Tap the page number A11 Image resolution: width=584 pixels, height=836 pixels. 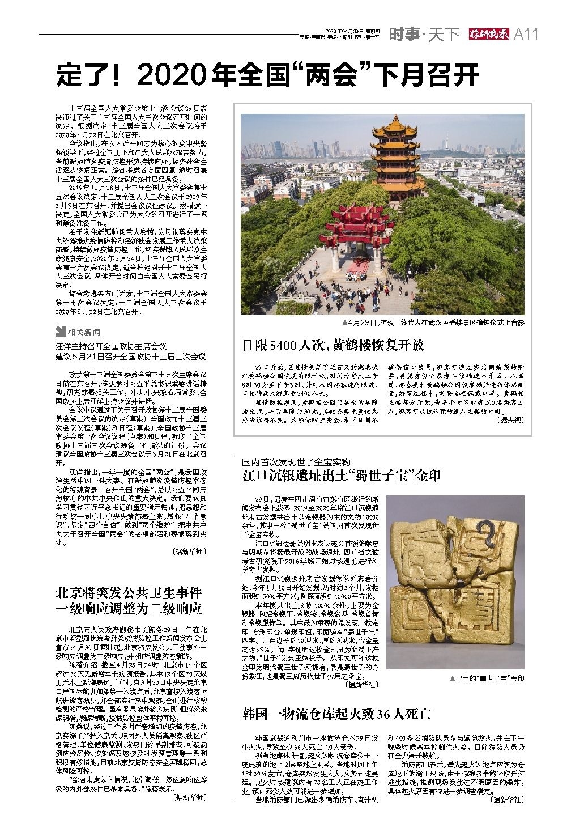525,35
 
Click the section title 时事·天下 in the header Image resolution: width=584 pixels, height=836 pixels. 423,35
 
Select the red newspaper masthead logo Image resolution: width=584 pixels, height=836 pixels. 488,35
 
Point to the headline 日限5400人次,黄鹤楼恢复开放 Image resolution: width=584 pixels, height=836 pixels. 334,345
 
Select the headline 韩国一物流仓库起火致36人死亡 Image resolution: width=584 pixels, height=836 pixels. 338,714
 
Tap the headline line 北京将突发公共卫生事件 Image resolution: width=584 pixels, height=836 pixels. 129,593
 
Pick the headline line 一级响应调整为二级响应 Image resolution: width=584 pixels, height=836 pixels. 129,609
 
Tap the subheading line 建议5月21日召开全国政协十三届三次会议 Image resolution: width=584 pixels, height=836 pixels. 130,357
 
